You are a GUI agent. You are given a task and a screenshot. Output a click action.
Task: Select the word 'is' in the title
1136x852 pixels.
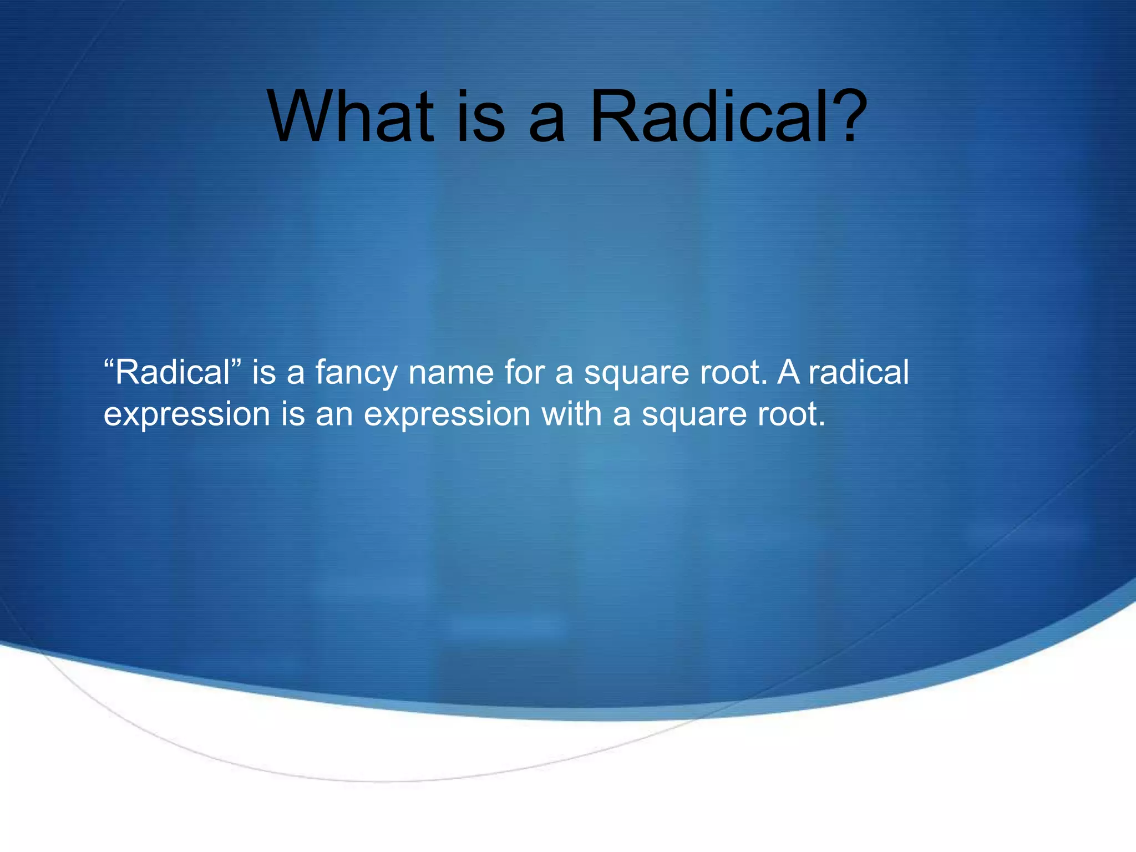click(x=481, y=118)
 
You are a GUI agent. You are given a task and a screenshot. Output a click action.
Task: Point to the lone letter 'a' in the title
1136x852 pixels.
click(x=547, y=123)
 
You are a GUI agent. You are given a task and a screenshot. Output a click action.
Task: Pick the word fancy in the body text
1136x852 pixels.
click(x=356, y=373)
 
